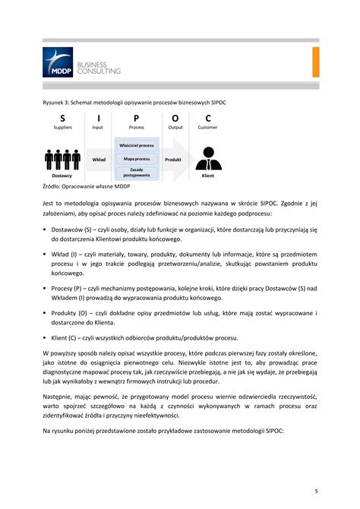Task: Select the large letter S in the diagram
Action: click(62, 118)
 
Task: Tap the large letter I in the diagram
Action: click(98, 118)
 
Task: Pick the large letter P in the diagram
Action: click(137, 118)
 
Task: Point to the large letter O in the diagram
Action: click(175, 118)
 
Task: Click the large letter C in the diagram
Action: click(208, 118)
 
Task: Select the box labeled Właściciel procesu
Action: click(137, 144)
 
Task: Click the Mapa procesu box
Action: click(137, 159)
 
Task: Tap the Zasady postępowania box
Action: click(137, 172)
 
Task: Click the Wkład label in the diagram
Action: click(99, 160)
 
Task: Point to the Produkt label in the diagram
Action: click(173, 160)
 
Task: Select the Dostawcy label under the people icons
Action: click(62, 175)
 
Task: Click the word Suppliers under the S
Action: click(62, 128)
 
